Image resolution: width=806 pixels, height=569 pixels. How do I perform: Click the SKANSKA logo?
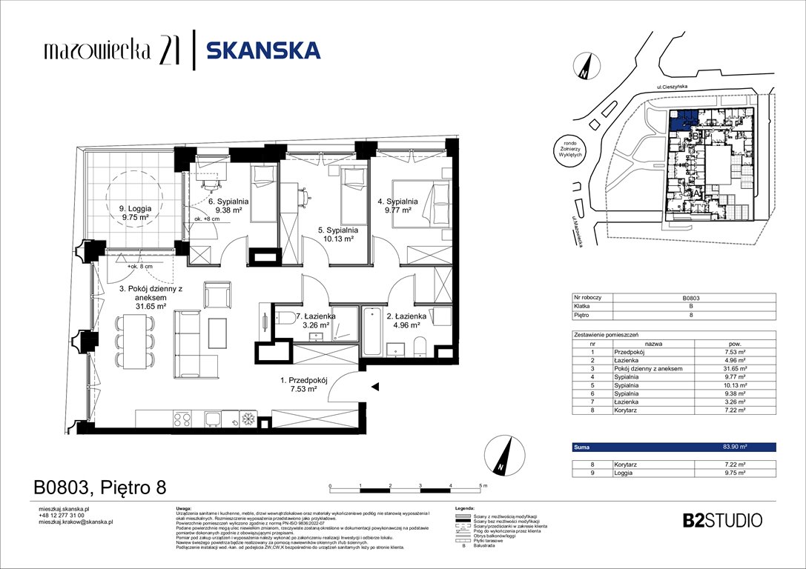click(263, 50)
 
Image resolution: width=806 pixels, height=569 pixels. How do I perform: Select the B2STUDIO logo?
click(721, 519)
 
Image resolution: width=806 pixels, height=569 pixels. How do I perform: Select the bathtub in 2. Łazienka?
click(371, 333)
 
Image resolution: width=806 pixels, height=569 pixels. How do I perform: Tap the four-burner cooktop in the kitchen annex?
click(183, 419)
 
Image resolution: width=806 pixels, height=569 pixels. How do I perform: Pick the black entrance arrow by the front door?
click(376, 386)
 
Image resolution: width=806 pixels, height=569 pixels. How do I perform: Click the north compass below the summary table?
click(502, 456)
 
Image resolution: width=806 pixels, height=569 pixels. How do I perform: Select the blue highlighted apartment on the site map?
click(683, 120)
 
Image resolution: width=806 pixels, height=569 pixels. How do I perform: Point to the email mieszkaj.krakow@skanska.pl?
click(76, 522)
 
